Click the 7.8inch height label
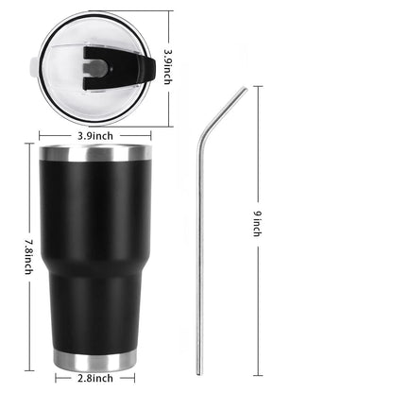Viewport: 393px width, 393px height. (x=28, y=257)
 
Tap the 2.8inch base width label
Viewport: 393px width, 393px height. (x=95, y=378)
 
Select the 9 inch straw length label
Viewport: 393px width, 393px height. (x=258, y=223)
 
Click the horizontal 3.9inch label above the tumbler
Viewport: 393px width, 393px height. (x=95, y=136)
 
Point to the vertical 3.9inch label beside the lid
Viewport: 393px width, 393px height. (x=168, y=66)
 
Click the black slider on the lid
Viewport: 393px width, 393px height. (x=118, y=68)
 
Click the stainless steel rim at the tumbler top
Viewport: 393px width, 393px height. (x=95, y=153)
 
